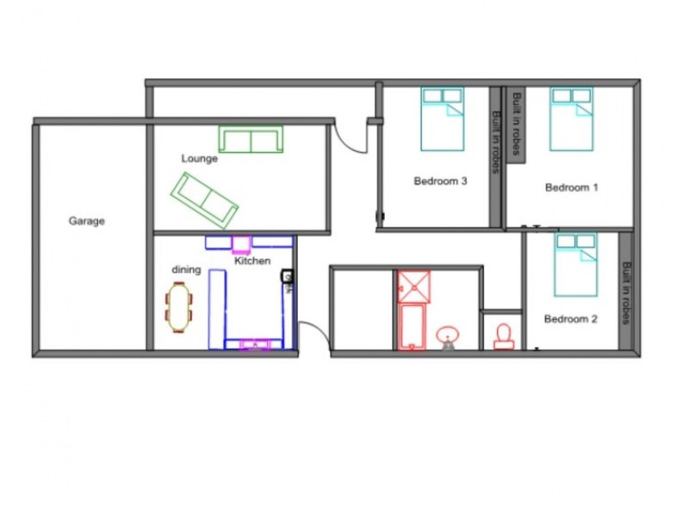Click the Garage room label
tap(86, 221)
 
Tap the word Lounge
tap(199, 159)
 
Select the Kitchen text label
tap(252, 261)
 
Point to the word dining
tap(186, 270)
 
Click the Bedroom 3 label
tap(440, 181)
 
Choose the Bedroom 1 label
tap(571, 187)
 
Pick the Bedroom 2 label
tap(570, 319)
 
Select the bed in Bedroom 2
tap(575, 264)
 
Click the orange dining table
tap(179, 308)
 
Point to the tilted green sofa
tap(205, 197)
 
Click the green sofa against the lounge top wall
tap(250, 140)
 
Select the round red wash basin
tap(448, 335)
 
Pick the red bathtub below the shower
tap(412, 327)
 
